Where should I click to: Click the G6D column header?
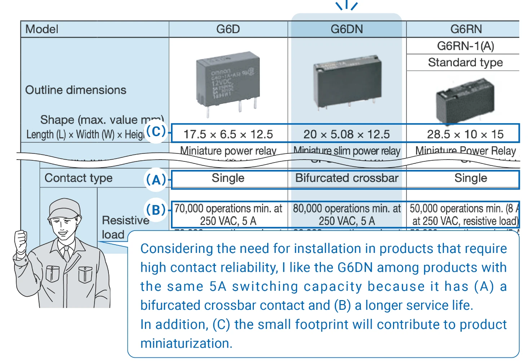pos(228,29)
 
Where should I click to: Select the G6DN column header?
pos(346,29)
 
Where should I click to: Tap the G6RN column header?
pos(465,29)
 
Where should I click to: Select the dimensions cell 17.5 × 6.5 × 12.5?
pos(228,134)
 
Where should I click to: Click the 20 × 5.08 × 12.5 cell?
pos(346,134)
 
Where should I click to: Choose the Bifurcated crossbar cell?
pos(346,178)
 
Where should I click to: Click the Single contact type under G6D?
pos(228,178)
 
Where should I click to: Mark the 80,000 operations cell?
pos(346,214)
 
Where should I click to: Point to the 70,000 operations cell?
pos(228,214)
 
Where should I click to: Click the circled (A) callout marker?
pos(156,179)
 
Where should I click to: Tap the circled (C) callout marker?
pos(156,132)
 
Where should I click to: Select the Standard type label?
pos(465,63)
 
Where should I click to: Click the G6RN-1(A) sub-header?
pos(465,46)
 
